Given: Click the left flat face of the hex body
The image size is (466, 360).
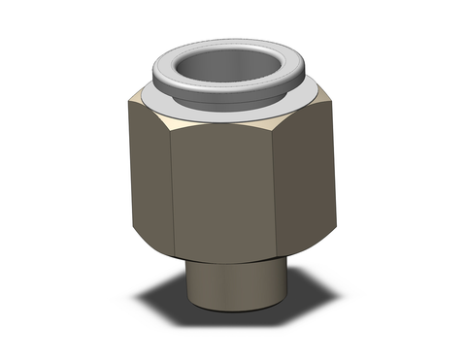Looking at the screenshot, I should [147, 170].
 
